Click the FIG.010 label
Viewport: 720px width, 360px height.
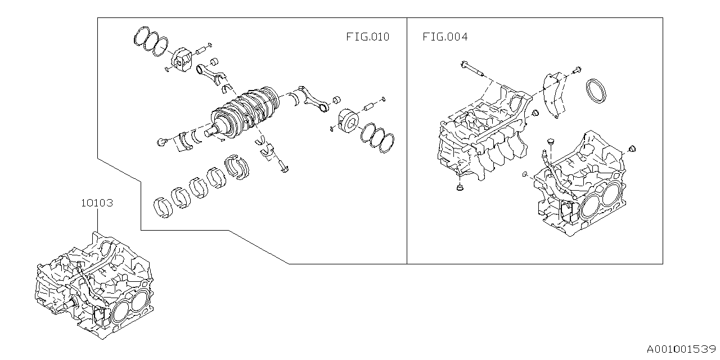tap(367, 38)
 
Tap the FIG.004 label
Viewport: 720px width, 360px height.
tap(445, 38)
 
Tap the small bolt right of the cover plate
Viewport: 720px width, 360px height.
tap(578, 71)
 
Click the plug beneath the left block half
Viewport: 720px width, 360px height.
tap(460, 187)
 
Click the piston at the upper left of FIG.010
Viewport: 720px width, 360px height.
tap(183, 60)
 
